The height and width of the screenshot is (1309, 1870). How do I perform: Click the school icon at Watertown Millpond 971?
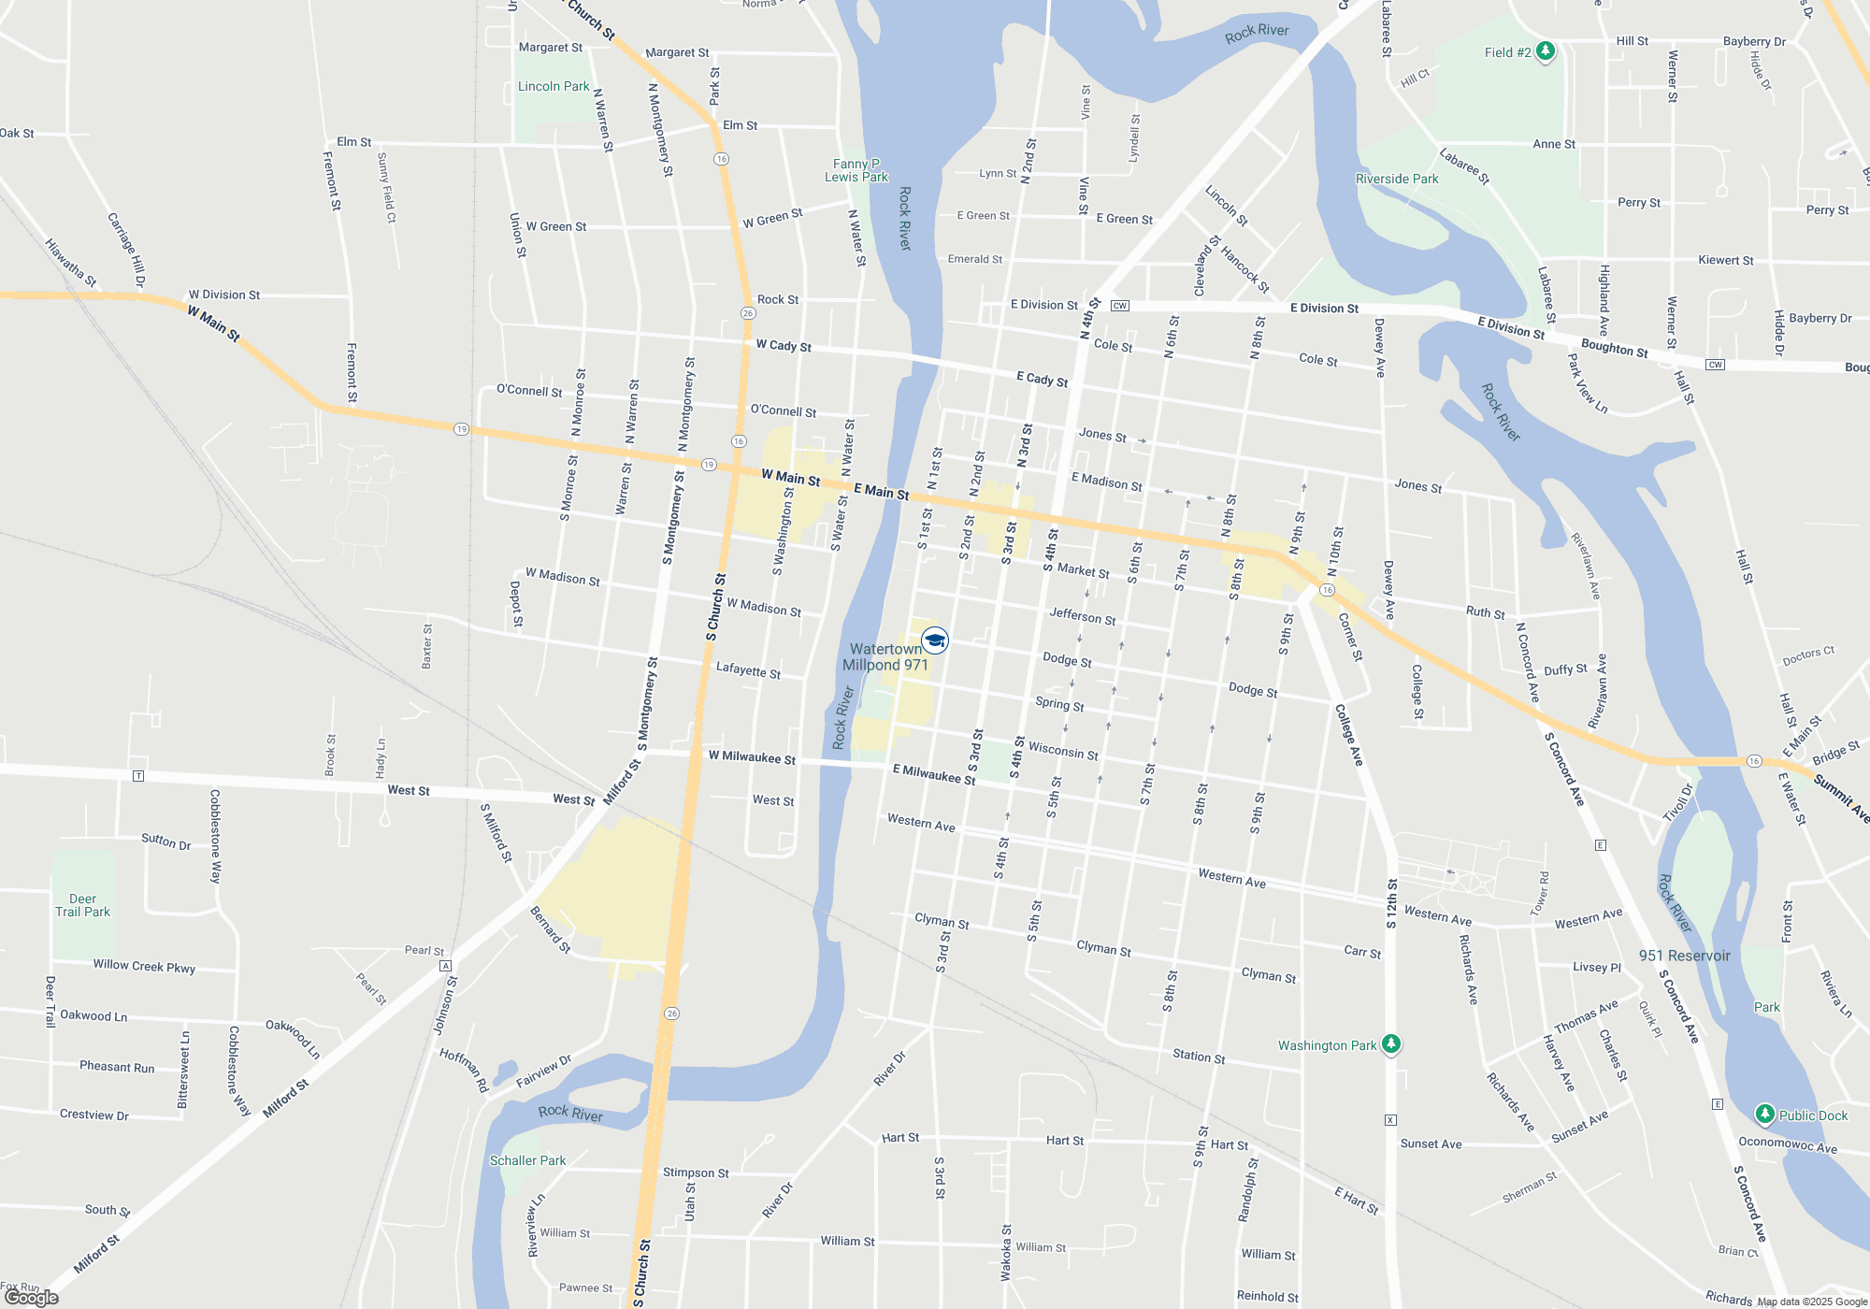pyautogui.click(x=935, y=640)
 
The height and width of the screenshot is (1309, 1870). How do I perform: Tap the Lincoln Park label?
pyautogui.click(x=554, y=86)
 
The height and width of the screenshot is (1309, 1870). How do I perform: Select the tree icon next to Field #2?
pyautogui.click(x=1546, y=50)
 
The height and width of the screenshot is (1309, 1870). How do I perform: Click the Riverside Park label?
pyautogui.click(x=1397, y=179)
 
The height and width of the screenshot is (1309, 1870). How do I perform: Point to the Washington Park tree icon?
pyautogui.click(x=1391, y=1043)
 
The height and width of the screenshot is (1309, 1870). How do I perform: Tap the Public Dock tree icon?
pyautogui.click(x=1764, y=1114)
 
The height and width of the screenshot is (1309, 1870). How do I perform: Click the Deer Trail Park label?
pyautogui.click(x=82, y=905)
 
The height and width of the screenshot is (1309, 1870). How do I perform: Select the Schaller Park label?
pyautogui.click(x=527, y=1160)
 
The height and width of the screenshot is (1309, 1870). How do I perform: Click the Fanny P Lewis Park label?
pyautogui.click(x=856, y=170)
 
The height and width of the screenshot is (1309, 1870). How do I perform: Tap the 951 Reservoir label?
pyautogui.click(x=1684, y=956)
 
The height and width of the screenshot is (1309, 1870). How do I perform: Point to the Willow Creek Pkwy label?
pyautogui.click(x=144, y=966)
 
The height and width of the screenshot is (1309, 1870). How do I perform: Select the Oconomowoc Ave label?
pyautogui.click(x=1787, y=1145)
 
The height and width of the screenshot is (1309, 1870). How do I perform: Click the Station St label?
pyautogui.click(x=1199, y=1057)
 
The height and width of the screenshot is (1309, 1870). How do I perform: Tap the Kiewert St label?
pyautogui.click(x=1725, y=260)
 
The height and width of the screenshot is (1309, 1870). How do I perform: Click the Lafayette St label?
pyautogui.click(x=748, y=669)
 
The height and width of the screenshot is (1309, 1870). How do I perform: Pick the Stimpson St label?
pyautogui.click(x=696, y=1172)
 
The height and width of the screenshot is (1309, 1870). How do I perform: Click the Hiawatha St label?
pyautogui.click(x=71, y=263)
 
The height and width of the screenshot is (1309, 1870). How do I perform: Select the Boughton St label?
pyautogui.click(x=1614, y=348)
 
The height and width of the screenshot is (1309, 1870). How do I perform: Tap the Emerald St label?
pyautogui.click(x=974, y=259)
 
